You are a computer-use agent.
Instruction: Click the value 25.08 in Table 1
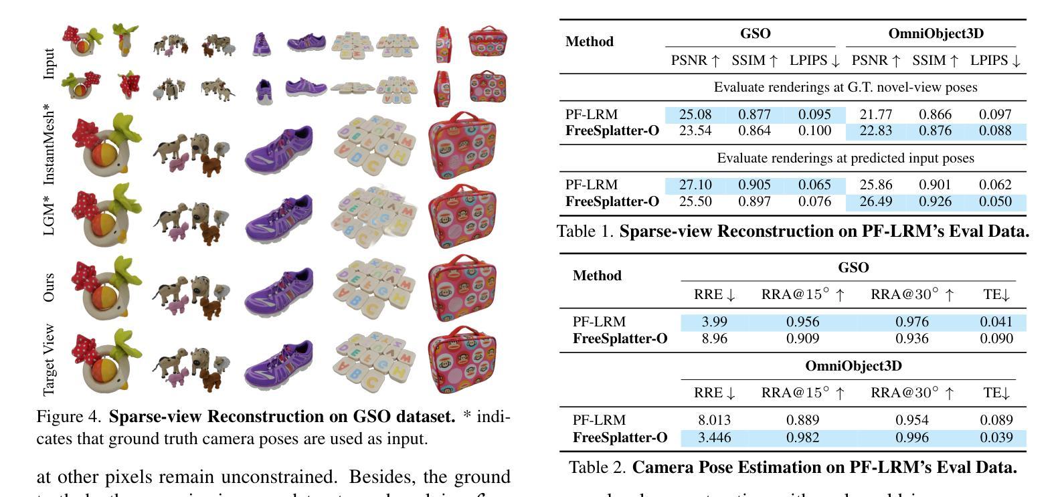(x=695, y=114)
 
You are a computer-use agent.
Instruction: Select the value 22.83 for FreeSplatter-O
(x=875, y=131)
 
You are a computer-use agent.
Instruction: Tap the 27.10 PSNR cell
(x=695, y=185)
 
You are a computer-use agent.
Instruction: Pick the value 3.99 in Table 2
(x=714, y=322)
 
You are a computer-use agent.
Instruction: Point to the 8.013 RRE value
(x=714, y=420)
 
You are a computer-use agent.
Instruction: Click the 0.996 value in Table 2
(x=912, y=438)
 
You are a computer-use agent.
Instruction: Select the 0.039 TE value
(x=996, y=438)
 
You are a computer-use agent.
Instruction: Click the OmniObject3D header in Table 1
(x=936, y=33)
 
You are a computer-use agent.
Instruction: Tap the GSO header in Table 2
(x=853, y=268)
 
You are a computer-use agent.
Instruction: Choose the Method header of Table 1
(x=589, y=41)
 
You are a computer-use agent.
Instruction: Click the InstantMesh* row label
(x=48, y=144)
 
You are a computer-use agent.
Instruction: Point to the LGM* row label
(x=48, y=215)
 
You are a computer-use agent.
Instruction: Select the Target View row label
(x=48, y=360)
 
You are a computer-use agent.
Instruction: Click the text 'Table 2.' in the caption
(x=597, y=467)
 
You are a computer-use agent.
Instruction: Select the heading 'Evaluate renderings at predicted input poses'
(x=845, y=159)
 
